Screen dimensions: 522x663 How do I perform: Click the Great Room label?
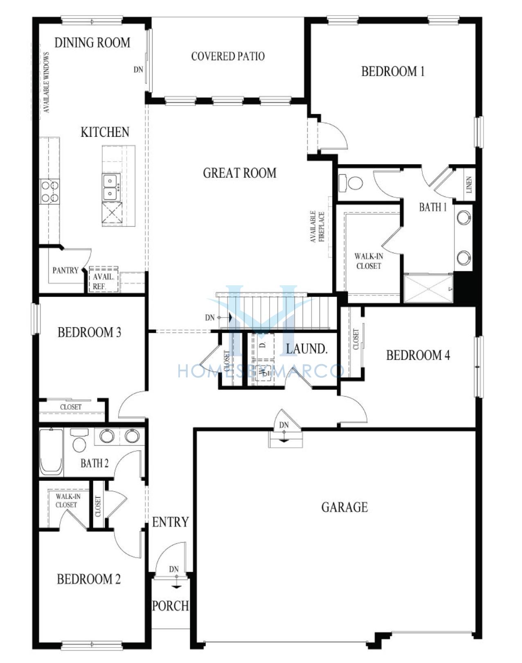(240, 173)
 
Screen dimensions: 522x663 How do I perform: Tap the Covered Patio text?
(228, 56)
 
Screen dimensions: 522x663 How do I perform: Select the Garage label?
(344, 507)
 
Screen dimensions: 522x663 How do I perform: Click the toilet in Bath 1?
(351, 183)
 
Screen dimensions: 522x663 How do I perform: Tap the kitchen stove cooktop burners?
(49, 191)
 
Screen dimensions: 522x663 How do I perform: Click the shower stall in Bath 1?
(428, 289)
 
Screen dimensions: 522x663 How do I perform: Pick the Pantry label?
(65, 270)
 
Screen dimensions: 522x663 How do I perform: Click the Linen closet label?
(469, 185)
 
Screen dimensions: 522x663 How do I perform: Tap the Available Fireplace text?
(317, 227)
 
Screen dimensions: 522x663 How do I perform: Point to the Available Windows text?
(46, 82)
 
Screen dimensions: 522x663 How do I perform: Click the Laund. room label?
(306, 349)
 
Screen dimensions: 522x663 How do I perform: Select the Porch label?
(170, 606)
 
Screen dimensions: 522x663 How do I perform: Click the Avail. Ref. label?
(103, 281)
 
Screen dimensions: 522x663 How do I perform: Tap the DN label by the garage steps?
(284, 425)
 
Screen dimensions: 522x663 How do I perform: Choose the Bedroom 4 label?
(418, 355)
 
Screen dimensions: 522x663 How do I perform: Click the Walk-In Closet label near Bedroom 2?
(68, 501)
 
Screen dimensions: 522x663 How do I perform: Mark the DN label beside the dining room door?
(138, 70)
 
